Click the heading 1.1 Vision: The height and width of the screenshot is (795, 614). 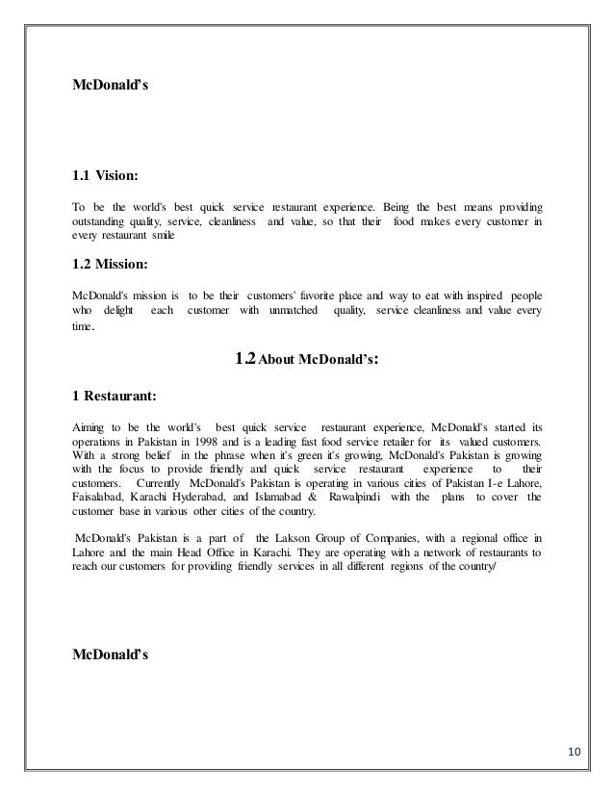[106, 177]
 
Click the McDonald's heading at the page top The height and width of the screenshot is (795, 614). [111, 85]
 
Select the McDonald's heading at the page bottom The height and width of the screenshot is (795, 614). [111, 656]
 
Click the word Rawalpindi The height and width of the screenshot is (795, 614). [362, 482]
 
